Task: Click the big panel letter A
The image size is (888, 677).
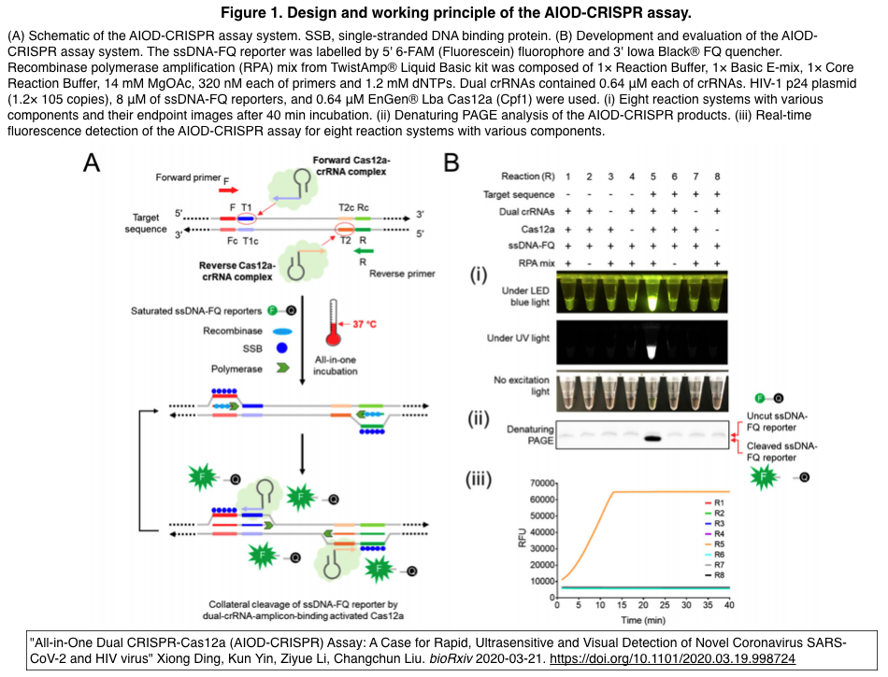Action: click(x=92, y=162)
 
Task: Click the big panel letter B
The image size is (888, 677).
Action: click(x=451, y=162)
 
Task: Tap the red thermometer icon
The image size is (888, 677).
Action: click(x=333, y=322)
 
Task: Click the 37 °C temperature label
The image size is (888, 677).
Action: click(x=365, y=324)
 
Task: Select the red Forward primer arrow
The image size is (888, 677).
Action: click(x=229, y=190)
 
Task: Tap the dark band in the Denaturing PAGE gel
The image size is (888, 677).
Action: click(x=653, y=438)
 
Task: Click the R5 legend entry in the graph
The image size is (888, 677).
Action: click(x=714, y=544)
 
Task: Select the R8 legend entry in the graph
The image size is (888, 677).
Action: click(x=714, y=575)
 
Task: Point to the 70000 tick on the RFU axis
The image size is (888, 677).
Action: click(x=541, y=483)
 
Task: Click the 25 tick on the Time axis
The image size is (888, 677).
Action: click(x=665, y=605)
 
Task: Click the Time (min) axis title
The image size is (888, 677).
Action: click(x=643, y=620)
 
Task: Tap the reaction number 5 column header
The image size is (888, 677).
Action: click(x=653, y=176)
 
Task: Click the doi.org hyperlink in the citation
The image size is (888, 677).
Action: click(x=672, y=659)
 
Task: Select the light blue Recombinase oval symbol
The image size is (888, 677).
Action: click(x=282, y=331)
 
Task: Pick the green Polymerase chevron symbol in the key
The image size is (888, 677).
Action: click(x=282, y=368)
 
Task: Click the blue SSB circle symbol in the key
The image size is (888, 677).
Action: click(x=281, y=348)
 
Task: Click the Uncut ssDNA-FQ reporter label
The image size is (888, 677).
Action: click(x=777, y=422)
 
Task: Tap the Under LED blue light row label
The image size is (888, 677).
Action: click(x=525, y=296)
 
